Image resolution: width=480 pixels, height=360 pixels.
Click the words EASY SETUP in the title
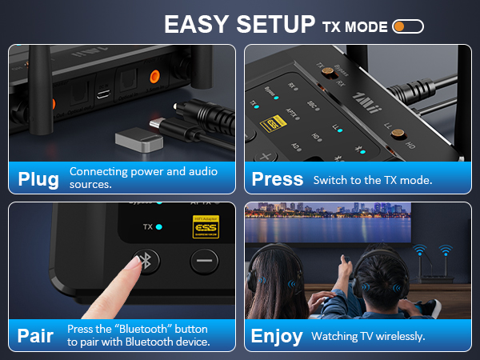point(238,24)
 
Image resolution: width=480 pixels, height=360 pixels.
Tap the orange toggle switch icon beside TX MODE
point(408,26)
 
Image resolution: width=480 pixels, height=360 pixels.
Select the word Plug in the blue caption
point(38,179)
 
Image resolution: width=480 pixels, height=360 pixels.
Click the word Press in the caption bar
point(277,179)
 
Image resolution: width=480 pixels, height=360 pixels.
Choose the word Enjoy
point(277,335)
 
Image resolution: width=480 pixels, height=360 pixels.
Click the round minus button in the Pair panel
point(204,261)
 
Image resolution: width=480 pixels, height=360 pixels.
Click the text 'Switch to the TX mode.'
point(373,180)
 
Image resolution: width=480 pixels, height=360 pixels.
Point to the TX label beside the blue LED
point(146,226)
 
